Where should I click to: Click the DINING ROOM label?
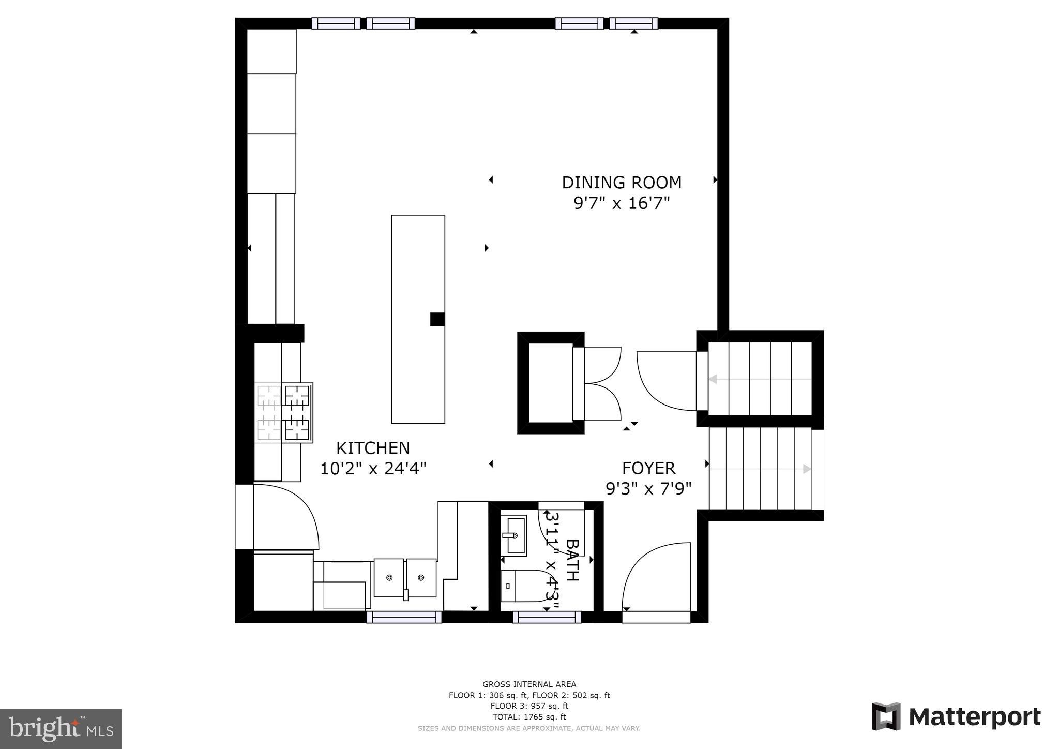(x=622, y=183)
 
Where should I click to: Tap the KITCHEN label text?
(x=373, y=448)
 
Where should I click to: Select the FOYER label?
(x=648, y=468)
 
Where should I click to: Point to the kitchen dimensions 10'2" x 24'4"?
(x=373, y=469)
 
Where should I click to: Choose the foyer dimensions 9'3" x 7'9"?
(x=648, y=488)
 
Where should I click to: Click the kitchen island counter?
(x=418, y=319)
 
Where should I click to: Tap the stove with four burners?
(x=284, y=413)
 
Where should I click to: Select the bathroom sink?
(x=514, y=535)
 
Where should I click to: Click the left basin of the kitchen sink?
(x=388, y=577)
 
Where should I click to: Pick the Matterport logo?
(x=956, y=717)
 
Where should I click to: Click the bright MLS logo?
(x=61, y=729)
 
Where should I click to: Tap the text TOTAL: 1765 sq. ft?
(x=529, y=717)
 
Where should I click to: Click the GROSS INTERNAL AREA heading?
(x=529, y=684)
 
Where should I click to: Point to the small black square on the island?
(x=437, y=319)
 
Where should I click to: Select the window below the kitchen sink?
(x=404, y=617)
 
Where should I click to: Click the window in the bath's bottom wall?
(x=547, y=617)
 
